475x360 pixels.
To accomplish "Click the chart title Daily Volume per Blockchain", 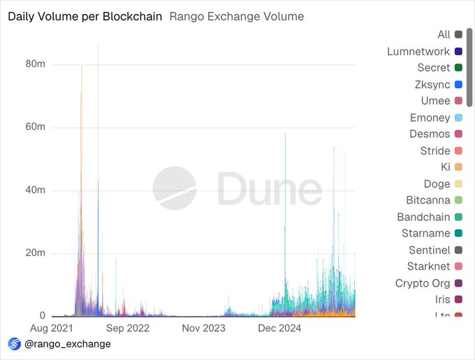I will pyautogui.click(x=85, y=16).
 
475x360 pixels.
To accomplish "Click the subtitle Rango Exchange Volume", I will pyautogui.click(x=237, y=16).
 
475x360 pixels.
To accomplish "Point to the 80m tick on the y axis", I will pyautogui.click(x=36, y=64).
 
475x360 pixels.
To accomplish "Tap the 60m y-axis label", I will pyautogui.click(x=36, y=127).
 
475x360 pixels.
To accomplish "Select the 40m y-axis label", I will pyautogui.click(x=36, y=190).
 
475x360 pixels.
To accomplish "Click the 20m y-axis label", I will pyautogui.click(x=36, y=253).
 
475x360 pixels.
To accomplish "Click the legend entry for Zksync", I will pyautogui.click(x=433, y=85).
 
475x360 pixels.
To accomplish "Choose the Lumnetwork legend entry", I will pyautogui.click(x=418, y=51).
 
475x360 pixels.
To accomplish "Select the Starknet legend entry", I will pyautogui.click(x=429, y=266).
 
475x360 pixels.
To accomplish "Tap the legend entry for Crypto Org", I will pyautogui.click(x=423, y=283).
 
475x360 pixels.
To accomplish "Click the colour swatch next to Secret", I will pyautogui.click(x=458, y=68).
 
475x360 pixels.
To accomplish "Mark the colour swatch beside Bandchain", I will pyautogui.click(x=458, y=217).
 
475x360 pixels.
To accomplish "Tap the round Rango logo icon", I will pyautogui.click(x=14, y=344).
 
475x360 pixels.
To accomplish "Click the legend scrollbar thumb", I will pyautogui.click(x=470, y=66).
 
